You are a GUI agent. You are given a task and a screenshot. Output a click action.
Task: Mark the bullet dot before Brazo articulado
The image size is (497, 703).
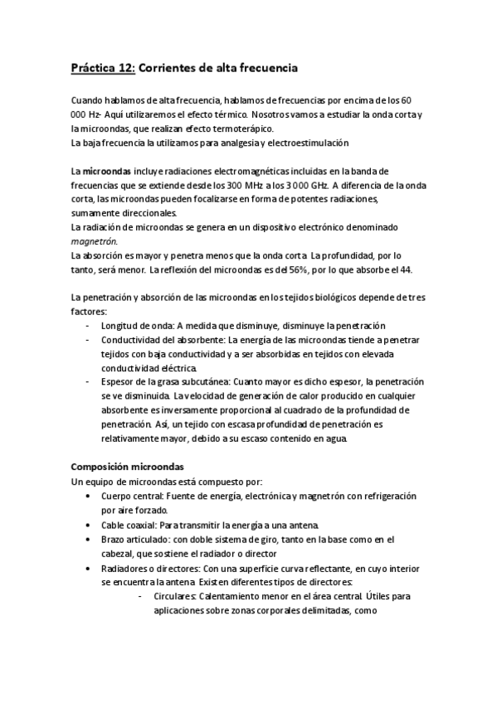89,541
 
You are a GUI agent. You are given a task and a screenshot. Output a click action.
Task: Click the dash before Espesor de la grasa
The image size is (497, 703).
89,381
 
